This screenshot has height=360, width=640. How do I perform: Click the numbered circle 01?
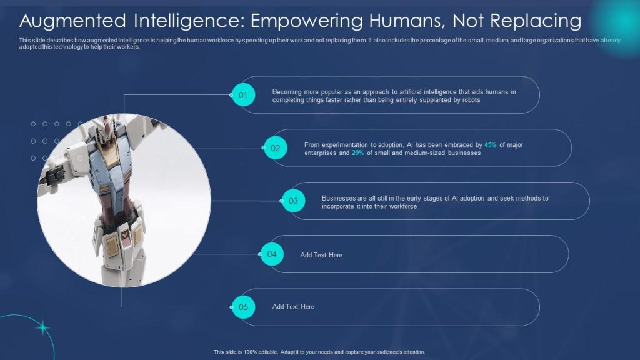coord(244,95)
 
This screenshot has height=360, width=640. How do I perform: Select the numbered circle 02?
coord(276,147)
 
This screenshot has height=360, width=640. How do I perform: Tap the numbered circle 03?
coord(294,201)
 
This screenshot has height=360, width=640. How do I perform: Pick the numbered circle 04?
coord(272,254)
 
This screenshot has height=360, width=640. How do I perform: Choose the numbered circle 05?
coord(244,307)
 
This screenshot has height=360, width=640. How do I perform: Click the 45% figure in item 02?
coord(490,144)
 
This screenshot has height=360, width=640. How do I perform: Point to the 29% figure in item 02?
coord(358,152)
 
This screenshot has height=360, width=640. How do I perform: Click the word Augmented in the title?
coord(73,21)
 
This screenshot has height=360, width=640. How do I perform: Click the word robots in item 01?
coord(471,99)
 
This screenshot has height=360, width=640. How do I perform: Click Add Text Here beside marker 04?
coord(321,255)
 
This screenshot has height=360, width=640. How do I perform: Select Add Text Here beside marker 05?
coord(293,306)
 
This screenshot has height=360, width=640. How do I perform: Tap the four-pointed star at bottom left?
coord(42,327)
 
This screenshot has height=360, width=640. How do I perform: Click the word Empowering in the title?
coord(306,21)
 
